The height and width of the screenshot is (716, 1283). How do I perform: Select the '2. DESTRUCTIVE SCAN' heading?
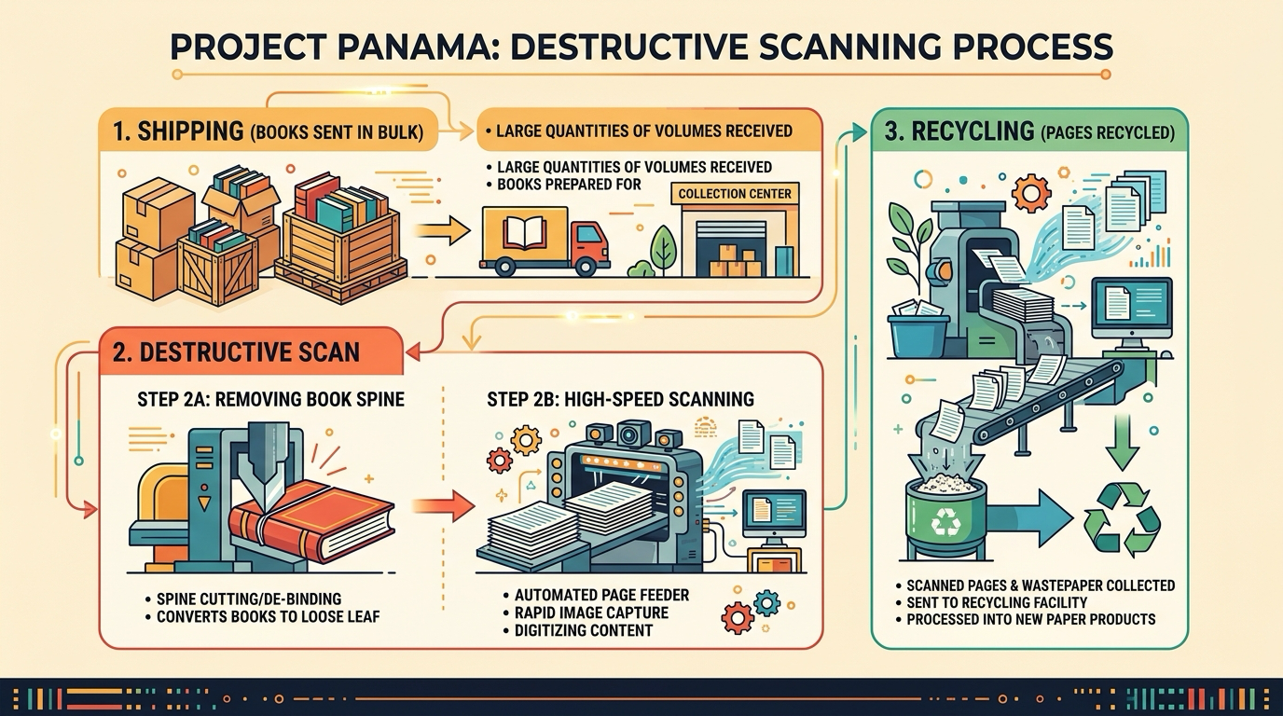pos(236,351)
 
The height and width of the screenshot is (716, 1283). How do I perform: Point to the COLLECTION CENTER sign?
pos(735,194)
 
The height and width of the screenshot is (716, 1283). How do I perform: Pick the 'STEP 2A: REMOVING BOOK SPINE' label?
pos(271,399)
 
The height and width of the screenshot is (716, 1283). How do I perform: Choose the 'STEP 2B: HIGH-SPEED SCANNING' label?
pos(620,399)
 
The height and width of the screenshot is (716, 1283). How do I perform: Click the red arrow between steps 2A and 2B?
pos(443,506)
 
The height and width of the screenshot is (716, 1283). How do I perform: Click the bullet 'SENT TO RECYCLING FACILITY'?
pos(992,602)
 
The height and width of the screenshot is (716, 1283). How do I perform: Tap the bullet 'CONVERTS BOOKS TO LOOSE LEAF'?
pos(263,617)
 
